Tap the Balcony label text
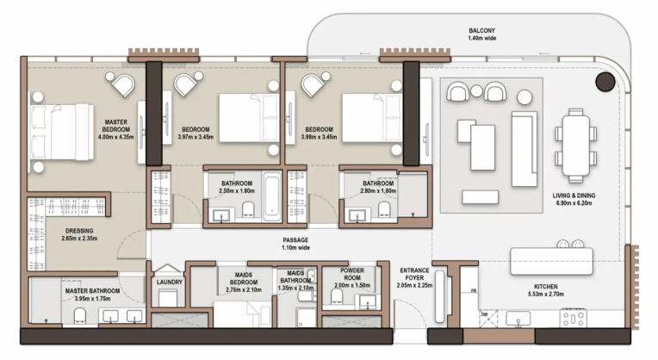point(481,31)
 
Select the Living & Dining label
point(574,196)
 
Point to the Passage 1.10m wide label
point(295,244)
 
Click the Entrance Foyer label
point(414,274)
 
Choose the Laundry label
point(170,282)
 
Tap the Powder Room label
point(352,274)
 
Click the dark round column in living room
point(605,82)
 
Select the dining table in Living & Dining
point(575,146)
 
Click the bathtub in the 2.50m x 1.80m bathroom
point(272,196)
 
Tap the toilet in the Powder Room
point(337,295)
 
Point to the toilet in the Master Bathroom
point(80,315)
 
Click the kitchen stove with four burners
point(573,318)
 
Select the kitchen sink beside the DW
point(518,319)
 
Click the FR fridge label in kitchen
point(474,291)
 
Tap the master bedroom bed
point(61,132)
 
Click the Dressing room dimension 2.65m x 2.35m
point(79,239)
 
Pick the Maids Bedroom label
point(244,278)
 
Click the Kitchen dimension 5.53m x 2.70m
point(545,295)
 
